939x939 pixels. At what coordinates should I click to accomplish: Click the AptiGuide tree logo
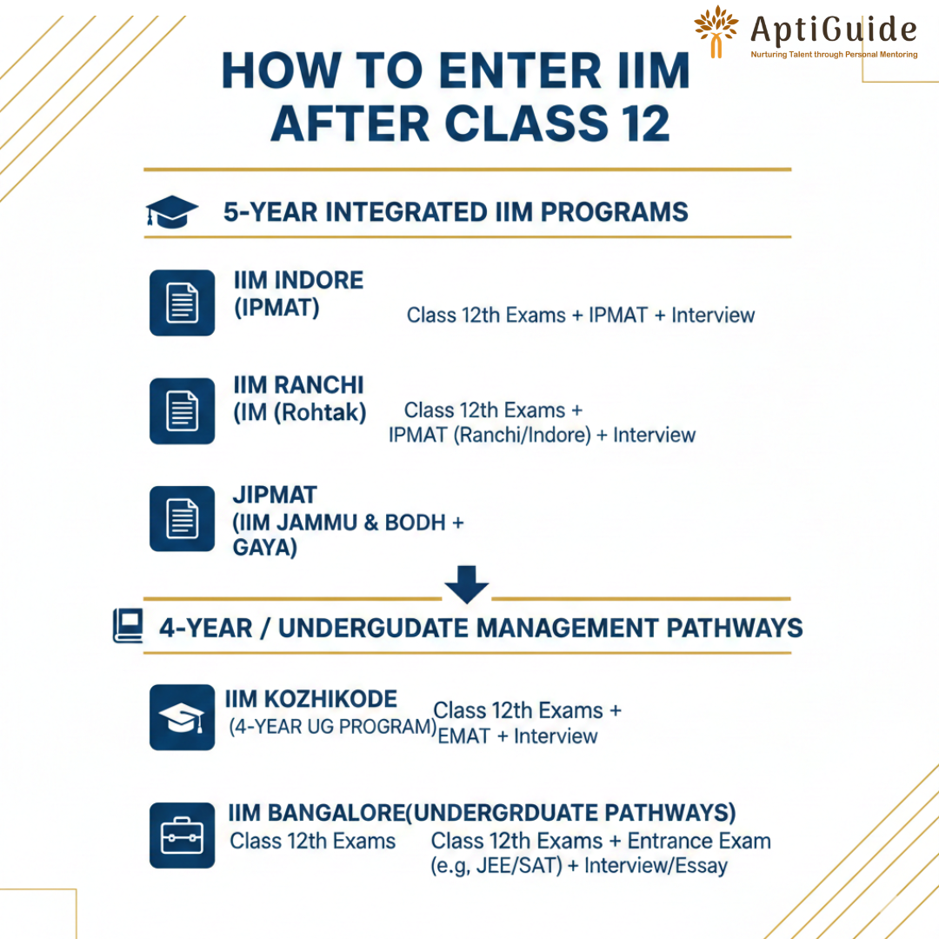(x=716, y=31)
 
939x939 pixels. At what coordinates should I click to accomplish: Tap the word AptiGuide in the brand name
(x=833, y=30)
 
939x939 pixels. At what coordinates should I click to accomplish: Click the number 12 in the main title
(x=645, y=123)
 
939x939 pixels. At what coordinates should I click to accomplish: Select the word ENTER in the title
(x=520, y=70)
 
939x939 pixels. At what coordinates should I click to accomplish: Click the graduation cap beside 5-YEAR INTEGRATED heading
(x=171, y=211)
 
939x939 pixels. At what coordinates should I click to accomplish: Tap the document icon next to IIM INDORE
(x=182, y=303)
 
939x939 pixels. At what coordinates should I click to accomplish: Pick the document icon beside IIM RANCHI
(x=182, y=410)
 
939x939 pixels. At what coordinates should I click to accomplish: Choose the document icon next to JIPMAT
(x=182, y=518)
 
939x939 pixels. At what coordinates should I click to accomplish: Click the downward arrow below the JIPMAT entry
(x=467, y=584)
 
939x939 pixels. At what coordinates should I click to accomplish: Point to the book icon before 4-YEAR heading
(x=128, y=626)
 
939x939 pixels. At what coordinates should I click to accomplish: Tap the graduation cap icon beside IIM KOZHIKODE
(x=182, y=717)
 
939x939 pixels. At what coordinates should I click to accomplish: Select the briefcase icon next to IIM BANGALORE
(x=182, y=836)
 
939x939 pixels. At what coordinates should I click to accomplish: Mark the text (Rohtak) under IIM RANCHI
(x=320, y=413)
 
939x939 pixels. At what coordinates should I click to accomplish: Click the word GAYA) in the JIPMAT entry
(x=264, y=548)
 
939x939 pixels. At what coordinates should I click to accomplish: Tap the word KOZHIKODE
(x=330, y=699)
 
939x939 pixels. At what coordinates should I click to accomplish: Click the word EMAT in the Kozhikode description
(x=464, y=736)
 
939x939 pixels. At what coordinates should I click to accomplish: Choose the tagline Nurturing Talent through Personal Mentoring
(x=834, y=55)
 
